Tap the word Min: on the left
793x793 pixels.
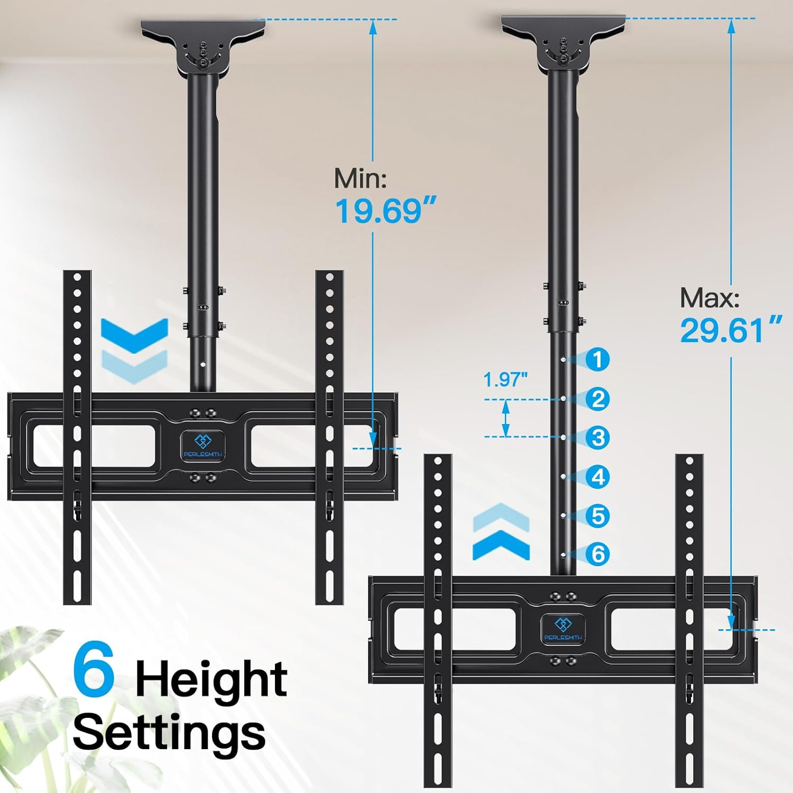361,179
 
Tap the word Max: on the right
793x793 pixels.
709,298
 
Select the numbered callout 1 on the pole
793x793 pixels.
598,360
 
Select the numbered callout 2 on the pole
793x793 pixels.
598,399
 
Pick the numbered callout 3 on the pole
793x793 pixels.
598,438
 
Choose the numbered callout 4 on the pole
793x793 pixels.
598,477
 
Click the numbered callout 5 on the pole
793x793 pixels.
598,515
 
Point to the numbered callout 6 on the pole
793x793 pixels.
598,554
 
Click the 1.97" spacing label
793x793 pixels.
505,380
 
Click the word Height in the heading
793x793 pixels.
211,681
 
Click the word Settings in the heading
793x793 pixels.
169,732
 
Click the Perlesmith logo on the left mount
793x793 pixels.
202,445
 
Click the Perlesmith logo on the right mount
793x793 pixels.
563,629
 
